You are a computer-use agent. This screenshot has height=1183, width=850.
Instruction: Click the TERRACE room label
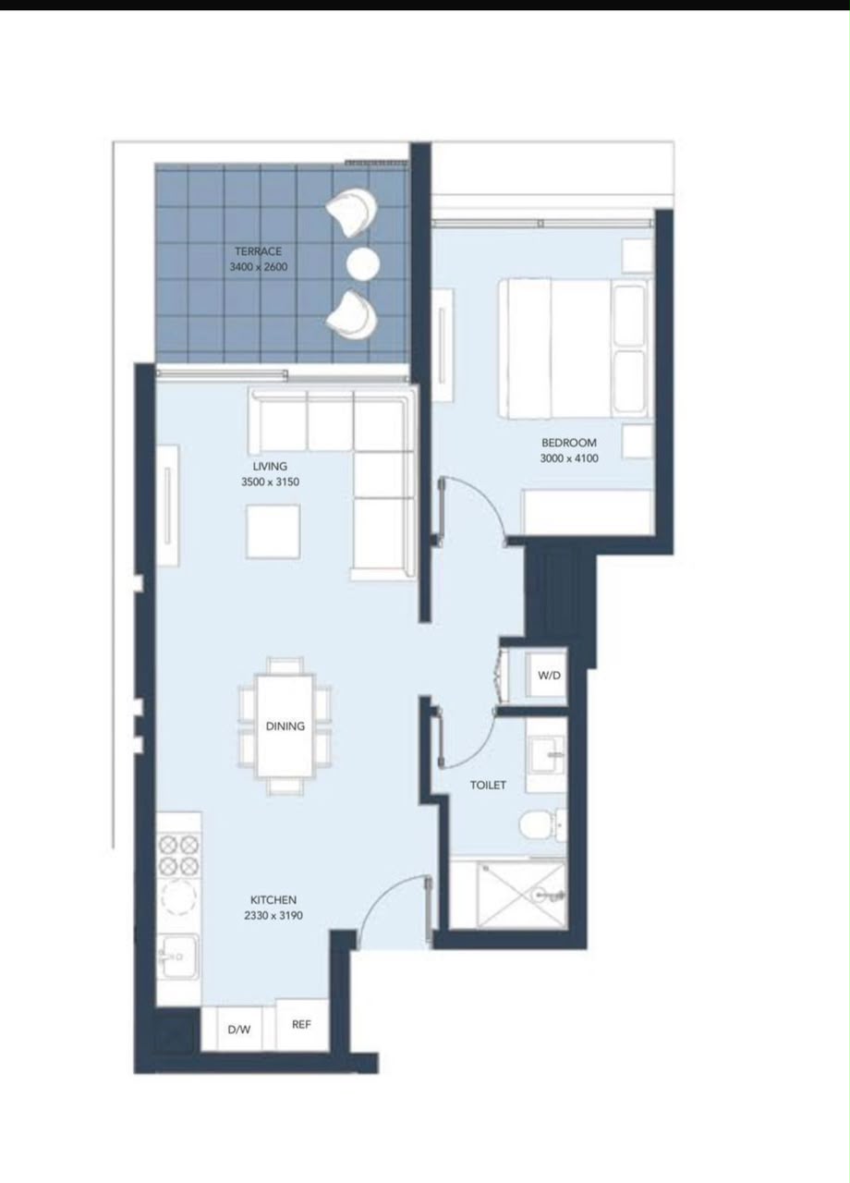point(258,251)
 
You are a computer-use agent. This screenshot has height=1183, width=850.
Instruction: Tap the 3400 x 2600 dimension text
point(258,267)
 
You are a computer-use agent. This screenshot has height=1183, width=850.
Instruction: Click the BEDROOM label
point(569,443)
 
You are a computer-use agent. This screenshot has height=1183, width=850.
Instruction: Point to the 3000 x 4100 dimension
point(569,458)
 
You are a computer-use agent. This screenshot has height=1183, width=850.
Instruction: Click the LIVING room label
point(270,467)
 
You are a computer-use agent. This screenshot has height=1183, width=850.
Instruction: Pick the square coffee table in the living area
point(273,531)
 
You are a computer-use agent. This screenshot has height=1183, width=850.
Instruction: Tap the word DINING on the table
point(285,726)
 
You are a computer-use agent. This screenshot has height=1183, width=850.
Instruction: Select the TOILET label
point(488,786)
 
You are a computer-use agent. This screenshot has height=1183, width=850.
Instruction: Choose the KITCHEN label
point(273,900)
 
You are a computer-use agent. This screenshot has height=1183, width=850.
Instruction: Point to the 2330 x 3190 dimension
point(273,916)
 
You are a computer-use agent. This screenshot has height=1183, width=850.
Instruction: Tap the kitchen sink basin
point(179,957)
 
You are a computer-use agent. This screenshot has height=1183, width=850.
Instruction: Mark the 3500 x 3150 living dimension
point(270,482)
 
